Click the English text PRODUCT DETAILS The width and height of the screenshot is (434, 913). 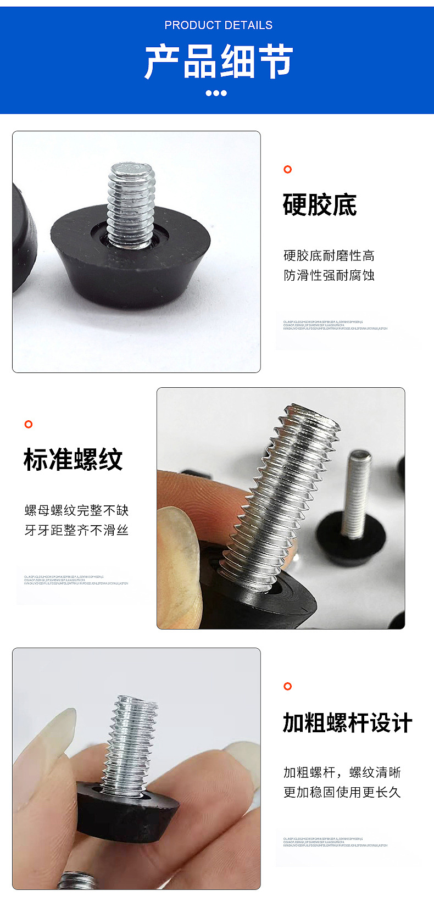tap(218, 25)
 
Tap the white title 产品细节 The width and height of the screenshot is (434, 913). tap(218, 62)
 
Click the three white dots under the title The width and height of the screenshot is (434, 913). tap(216, 93)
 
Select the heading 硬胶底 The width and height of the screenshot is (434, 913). tap(320, 205)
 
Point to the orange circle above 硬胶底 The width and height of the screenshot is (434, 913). tap(287, 169)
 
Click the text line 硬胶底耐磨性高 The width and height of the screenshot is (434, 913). tap(329, 255)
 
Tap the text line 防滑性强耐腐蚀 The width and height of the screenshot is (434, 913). tap(329, 275)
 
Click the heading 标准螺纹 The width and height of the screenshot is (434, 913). tap(73, 460)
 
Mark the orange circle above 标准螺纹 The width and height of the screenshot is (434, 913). tap(29, 424)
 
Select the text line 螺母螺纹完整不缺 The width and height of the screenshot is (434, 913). tap(76, 510)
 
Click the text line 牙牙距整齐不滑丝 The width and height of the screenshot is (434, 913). tap(76, 530)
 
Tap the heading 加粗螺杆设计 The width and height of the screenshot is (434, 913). tap(347, 723)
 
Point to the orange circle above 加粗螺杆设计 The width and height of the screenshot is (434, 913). tap(287, 686)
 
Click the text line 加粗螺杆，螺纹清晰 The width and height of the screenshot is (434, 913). tap(342, 772)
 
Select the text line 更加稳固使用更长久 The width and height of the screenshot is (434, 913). tap(342, 792)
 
